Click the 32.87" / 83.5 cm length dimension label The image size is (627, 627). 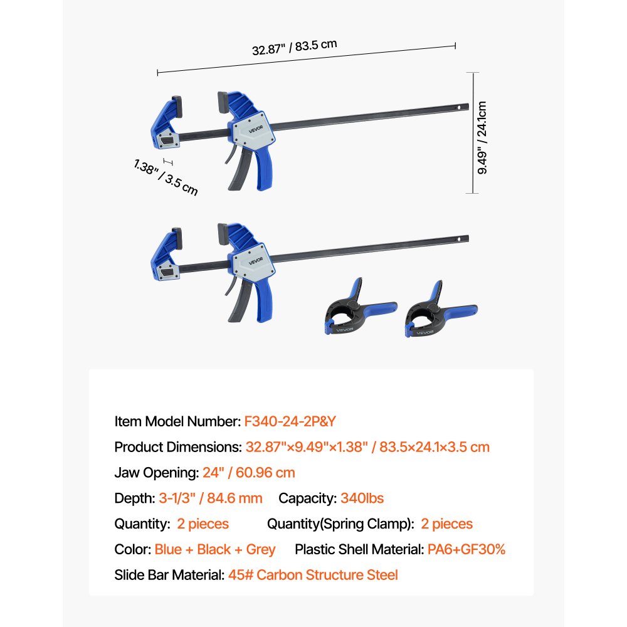tap(295, 47)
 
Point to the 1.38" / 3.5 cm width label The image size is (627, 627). tap(166, 177)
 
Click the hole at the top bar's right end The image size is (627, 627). tap(458, 107)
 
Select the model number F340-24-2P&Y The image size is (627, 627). tap(295, 421)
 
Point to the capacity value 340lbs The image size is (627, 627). tap(362, 498)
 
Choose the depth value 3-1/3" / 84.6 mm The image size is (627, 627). tap(210, 498)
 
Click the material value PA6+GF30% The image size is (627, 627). tap(466, 549)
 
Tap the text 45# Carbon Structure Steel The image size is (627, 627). tap(312, 575)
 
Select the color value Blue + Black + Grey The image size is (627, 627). tap(215, 549)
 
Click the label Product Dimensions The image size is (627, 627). tap(176, 447)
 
